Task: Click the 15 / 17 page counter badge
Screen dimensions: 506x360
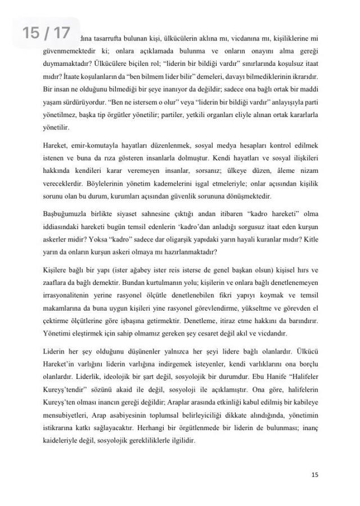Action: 46,33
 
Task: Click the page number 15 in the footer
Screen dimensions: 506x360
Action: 315,475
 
